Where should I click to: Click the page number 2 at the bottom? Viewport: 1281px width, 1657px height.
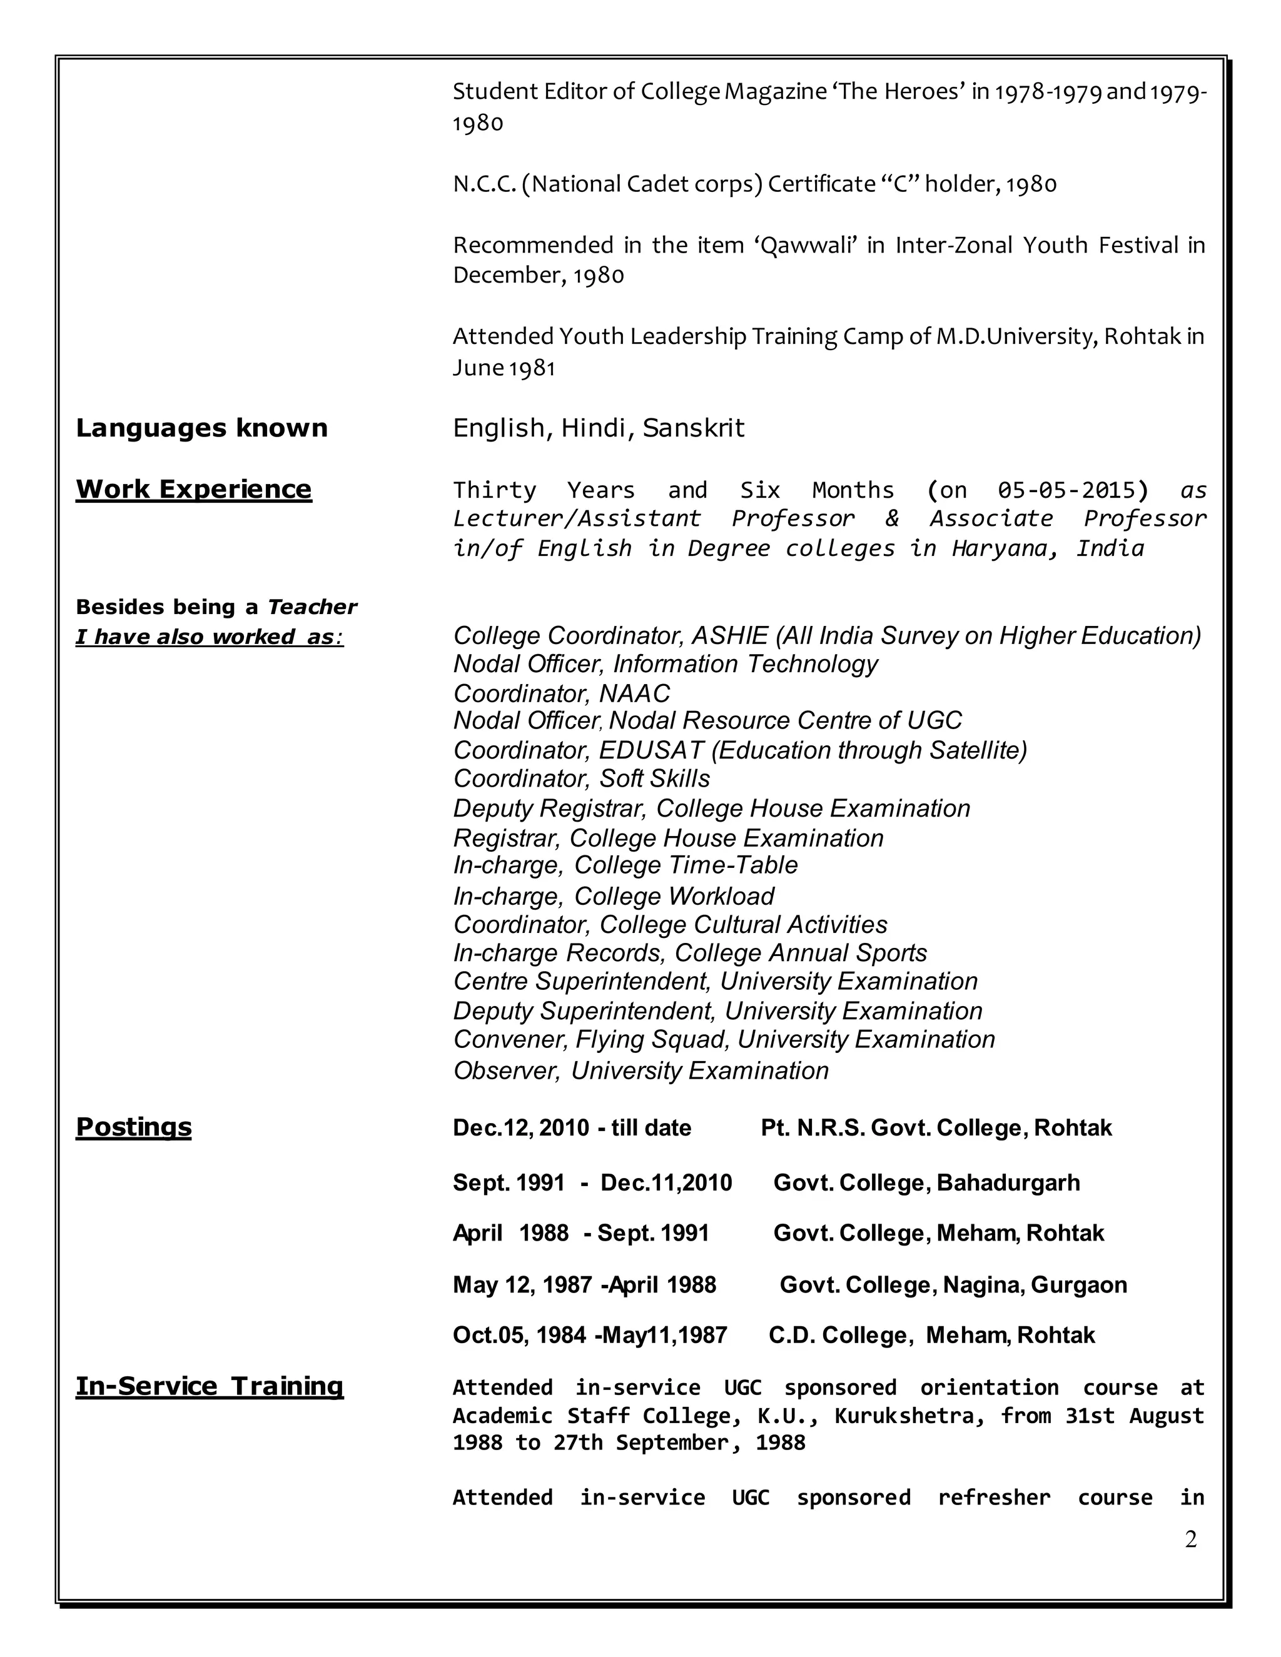(1190, 1539)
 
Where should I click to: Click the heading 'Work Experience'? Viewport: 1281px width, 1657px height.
(193, 490)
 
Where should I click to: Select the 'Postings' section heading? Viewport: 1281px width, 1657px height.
(134, 1127)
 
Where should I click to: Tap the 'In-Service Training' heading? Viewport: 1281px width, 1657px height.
(210, 1386)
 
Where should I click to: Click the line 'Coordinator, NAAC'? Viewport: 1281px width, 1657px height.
(562, 693)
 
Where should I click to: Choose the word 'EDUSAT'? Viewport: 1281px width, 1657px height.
(651, 750)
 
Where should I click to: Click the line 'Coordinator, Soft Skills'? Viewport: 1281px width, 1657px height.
(581, 778)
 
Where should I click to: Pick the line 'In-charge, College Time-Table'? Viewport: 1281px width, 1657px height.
(625, 865)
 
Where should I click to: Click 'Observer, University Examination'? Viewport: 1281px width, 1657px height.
(640, 1070)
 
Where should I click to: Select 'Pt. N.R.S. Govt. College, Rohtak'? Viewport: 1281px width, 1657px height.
(936, 1127)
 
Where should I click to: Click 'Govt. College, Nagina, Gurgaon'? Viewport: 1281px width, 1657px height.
(953, 1284)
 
